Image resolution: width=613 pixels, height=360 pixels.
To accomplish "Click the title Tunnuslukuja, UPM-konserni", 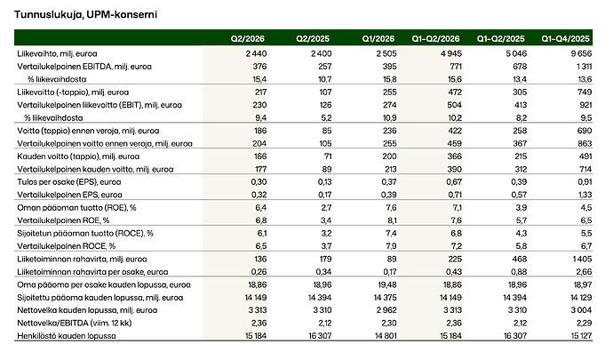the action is pos(85,15).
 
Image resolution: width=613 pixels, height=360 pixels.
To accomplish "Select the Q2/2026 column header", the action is pos(248,39).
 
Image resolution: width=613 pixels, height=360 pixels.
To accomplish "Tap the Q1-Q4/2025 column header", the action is pos(565,39).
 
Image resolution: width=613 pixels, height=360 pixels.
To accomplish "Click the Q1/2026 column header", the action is pos(378,39).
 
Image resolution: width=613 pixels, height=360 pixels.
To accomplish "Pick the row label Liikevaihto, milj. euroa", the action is pos(57,53).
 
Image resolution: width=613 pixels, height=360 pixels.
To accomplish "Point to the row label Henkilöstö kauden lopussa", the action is pos(67,336).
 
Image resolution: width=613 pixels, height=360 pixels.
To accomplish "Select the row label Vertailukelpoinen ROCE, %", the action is pos(67,246).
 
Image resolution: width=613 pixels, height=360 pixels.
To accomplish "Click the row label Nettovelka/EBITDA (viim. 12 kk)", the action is pos(75,323).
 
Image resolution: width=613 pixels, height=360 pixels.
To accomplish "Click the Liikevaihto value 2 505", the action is pos(386,53).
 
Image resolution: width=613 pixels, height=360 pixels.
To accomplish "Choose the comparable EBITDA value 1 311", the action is pos(584,67).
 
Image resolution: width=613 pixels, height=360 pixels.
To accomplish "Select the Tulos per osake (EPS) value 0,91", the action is pos(585,182).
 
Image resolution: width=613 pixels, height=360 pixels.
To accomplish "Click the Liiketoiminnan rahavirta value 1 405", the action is pos(583,259).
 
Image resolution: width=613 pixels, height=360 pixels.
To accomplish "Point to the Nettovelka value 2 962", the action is pos(386,310).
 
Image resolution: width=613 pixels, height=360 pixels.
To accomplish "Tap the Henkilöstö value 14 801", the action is pos(385,336).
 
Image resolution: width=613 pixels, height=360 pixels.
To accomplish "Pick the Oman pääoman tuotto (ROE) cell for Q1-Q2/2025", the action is pos(521,208).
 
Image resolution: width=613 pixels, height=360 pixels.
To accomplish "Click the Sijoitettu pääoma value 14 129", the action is pos(580,298).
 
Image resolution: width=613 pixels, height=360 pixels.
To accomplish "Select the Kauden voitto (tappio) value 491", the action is pos(585,156).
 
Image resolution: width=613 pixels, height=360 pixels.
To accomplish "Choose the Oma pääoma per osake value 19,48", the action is pos(387,284).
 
